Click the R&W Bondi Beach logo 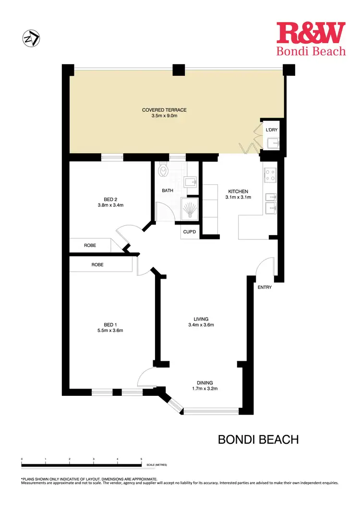tap(311, 38)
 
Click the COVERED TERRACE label tap(164, 110)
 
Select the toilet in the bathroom tap(163, 170)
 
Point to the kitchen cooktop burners tap(270, 176)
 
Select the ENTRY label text tap(264, 287)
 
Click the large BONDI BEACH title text tap(258, 439)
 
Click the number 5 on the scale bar tap(141, 459)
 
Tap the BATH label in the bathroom tap(168, 190)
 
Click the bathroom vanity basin tap(190, 182)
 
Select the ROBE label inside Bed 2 tap(90, 245)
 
